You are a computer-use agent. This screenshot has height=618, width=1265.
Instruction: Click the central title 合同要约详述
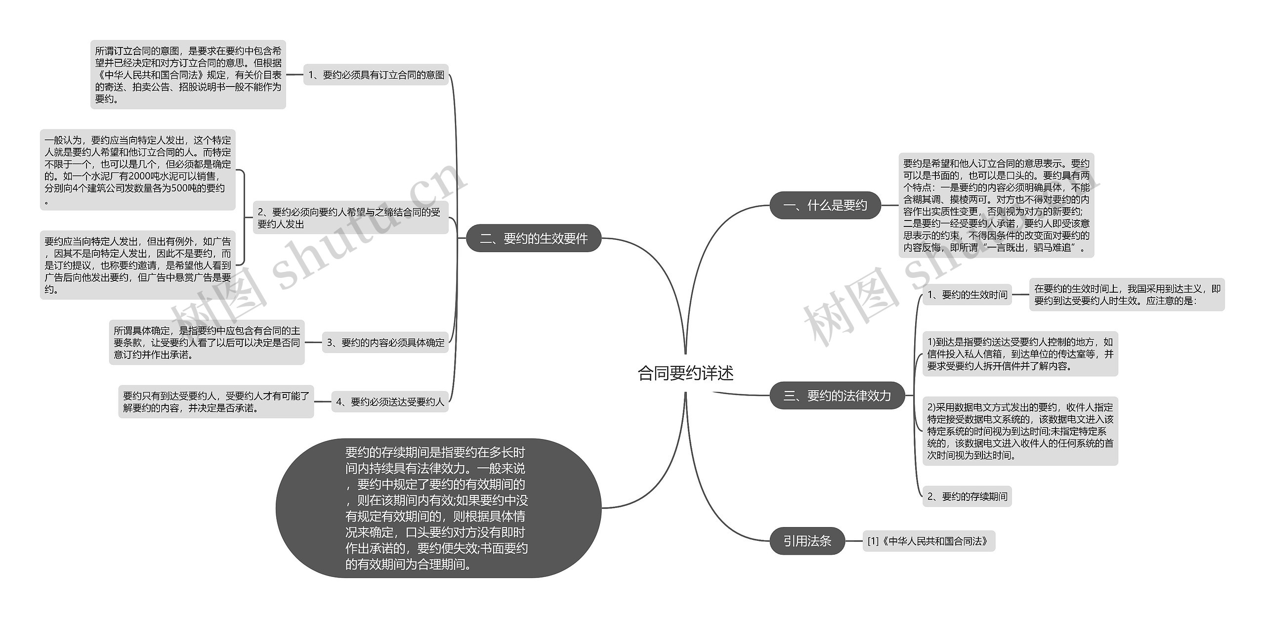click(x=685, y=373)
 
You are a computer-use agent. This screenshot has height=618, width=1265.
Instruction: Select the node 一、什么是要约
click(x=825, y=205)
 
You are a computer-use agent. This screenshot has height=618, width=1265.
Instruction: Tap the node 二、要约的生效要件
click(x=534, y=238)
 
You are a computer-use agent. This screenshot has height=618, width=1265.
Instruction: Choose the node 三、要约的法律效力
click(x=837, y=396)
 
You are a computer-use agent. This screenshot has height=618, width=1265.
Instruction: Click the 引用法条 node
click(x=807, y=541)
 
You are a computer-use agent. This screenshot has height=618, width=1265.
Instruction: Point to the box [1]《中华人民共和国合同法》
click(x=928, y=541)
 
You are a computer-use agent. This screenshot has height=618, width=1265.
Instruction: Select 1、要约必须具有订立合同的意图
click(x=376, y=75)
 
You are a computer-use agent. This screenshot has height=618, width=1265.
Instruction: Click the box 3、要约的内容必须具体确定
click(x=385, y=342)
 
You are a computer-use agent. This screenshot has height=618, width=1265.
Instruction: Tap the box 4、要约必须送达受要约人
click(x=389, y=402)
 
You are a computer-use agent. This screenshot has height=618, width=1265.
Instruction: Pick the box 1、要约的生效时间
click(x=967, y=295)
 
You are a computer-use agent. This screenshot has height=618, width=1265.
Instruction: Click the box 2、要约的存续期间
click(x=967, y=496)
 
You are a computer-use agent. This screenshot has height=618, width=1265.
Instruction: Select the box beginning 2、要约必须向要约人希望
click(x=350, y=218)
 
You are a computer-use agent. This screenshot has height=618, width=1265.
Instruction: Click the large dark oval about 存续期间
click(x=438, y=508)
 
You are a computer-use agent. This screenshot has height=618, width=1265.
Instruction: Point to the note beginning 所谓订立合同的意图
click(x=188, y=75)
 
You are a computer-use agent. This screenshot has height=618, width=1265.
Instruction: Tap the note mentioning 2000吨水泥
click(x=137, y=170)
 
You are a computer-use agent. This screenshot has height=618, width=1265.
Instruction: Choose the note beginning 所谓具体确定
click(x=207, y=342)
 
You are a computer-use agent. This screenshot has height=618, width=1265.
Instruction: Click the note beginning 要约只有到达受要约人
click(x=216, y=402)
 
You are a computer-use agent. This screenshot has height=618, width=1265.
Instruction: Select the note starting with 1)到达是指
click(x=1020, y=354)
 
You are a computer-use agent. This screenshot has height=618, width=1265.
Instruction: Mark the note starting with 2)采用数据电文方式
click(x=1020, y=431)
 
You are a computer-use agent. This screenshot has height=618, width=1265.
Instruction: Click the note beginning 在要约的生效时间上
click(x=1127, y=295)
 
